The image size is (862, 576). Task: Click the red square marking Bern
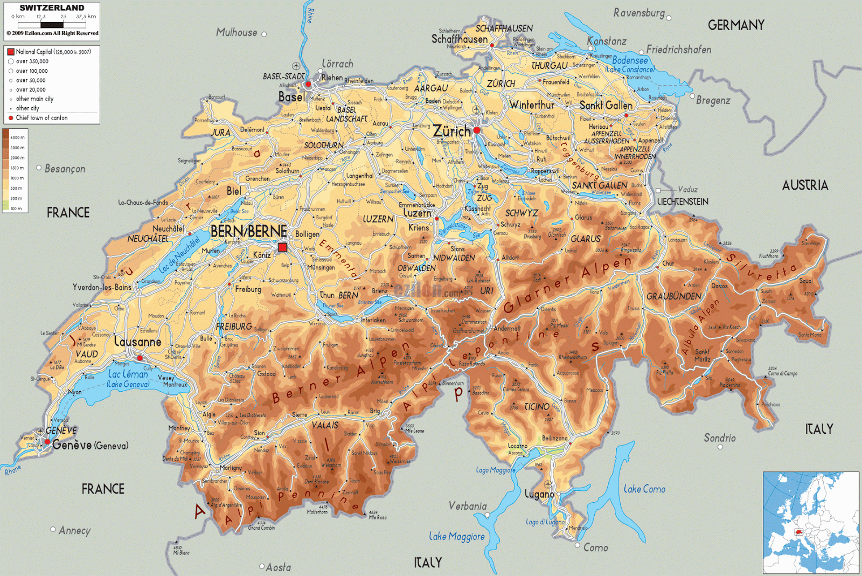[x=282, y=247]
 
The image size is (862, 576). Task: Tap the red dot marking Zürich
[x=477, y=130]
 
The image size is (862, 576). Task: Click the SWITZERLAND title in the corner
[x=52, y=8]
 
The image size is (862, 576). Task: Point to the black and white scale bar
[x=52, y=24]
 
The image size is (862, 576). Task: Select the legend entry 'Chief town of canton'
[x=41, y=117]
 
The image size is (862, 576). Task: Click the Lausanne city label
[x=138, y=342]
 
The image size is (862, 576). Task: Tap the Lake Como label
[x=644, y=489]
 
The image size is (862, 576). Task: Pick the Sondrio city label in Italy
[x=719, y=438]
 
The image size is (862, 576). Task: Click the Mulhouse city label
[x=237, y=32]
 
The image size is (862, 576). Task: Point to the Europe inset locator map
[x=810, y=522]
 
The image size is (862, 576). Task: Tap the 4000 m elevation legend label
[x=17, y=137]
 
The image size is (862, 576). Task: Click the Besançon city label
[x=65, y=169]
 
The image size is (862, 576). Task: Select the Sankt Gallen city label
[x=606, y=106]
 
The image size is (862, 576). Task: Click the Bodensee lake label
[x=630, y=60]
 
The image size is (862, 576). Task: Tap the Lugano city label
[x=539, y=494]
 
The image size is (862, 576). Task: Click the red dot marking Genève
[x=47, y=442]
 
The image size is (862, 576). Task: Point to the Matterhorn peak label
[x=317, y=512]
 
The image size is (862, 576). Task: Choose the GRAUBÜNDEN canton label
[x=673, y=296]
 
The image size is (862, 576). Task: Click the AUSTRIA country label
[x=805, y=185]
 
